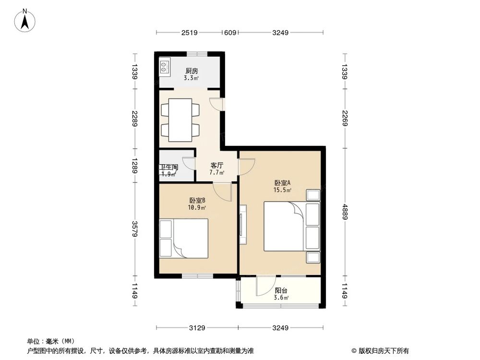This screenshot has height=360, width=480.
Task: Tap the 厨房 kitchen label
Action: (x=192, y=71)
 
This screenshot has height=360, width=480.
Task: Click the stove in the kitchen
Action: (x=165, y=67)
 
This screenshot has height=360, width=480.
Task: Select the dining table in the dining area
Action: (x=180, y=120)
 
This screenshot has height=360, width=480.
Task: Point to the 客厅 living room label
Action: (x=216, y=165)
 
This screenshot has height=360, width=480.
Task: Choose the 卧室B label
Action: (x=197, y=201)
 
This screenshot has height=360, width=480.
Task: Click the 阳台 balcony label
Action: (x=281, y=290)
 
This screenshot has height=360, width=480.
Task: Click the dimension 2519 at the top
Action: (x=190, y=33)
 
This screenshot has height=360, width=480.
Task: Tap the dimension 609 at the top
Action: (x=230, y=33)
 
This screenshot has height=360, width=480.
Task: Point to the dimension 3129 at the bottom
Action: (x=197, y=328)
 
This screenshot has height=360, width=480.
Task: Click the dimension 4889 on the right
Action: (x=345, y=211)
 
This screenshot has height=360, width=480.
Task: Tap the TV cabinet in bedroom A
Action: (x=243, y=224)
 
